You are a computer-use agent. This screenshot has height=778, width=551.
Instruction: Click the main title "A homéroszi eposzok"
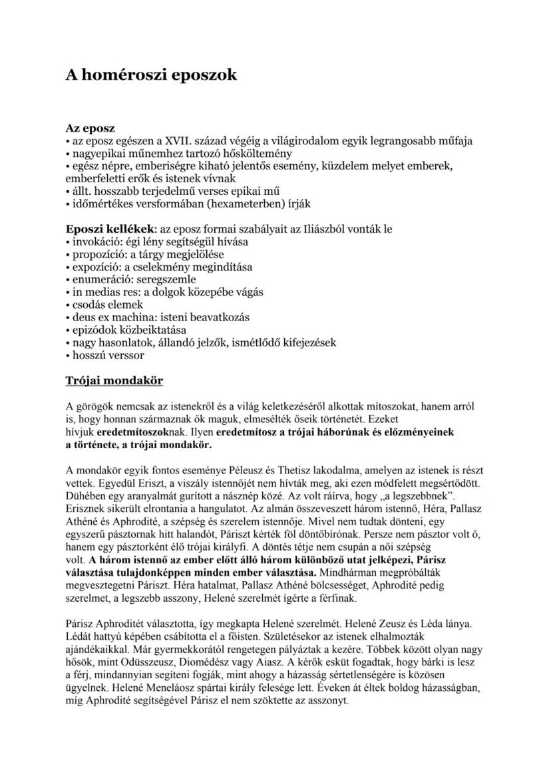(151, 75)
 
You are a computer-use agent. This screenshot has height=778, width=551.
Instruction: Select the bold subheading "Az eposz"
(90, 128)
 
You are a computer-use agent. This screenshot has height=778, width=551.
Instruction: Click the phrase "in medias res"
(101, 292)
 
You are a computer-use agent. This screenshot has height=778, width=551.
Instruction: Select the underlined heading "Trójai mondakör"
(114, 381)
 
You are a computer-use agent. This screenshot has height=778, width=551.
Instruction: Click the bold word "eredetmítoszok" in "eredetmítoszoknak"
(139, 432)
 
